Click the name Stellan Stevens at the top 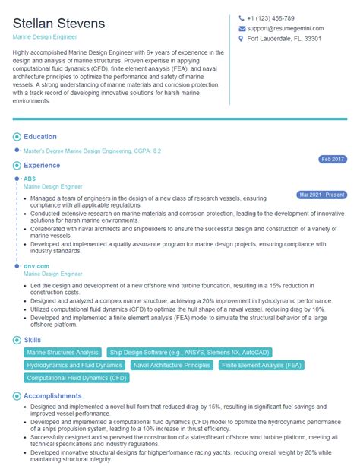(x=58, y=24)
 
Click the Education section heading (x=40, y=137)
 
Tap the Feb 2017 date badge (x=332, y=159)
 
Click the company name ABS (x=30, y=179)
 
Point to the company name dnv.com (x=36, y=266)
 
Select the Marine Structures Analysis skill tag (x=62, y=353)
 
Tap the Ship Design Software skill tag (x=156, y=353)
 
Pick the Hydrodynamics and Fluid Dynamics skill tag (x=74, y=365)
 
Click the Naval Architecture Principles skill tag (x=172, y=365)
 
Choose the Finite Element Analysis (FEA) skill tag (x=261, y=365)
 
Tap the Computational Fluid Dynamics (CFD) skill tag (x=76, y=377)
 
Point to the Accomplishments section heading (x=52, y=396)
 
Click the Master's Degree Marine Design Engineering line (x=93, y=151)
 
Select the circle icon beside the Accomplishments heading (x=17, y=396)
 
